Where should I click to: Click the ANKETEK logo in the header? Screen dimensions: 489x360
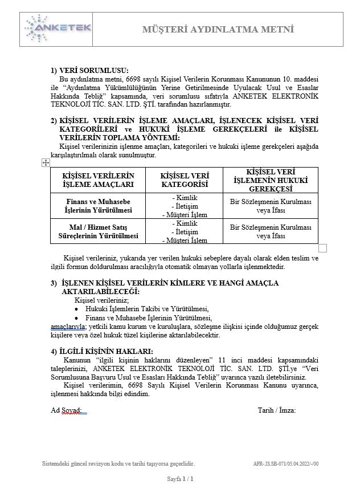pos(58,28)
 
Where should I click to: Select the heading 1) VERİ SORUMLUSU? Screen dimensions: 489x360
pos(89,70)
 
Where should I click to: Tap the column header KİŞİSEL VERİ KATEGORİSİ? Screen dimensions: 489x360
pos(184,180)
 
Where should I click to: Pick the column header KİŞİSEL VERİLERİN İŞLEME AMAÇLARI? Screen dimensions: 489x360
pos(98,180)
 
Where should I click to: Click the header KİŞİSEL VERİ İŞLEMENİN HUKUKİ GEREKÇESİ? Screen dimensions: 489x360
pos(271,180)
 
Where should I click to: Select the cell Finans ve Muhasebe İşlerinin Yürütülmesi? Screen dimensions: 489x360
pos(98,206)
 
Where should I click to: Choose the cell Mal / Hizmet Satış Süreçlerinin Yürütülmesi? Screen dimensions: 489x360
pos(98,231)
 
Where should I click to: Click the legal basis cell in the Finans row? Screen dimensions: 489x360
pos(271,206)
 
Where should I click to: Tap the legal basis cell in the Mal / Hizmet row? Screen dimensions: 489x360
pos(271,231)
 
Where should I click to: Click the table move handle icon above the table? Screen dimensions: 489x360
pos(46,163)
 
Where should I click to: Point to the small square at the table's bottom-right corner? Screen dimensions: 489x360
pos(322,247)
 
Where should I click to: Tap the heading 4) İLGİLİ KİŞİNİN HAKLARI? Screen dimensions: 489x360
pos(101,351)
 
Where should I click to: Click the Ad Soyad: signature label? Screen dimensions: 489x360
pos(66,410)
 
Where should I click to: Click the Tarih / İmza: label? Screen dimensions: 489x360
pos(276,410)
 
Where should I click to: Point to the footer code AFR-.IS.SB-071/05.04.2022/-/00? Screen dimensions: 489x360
pos(285,464)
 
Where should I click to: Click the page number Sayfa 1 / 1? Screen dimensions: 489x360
pos(180,479)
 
